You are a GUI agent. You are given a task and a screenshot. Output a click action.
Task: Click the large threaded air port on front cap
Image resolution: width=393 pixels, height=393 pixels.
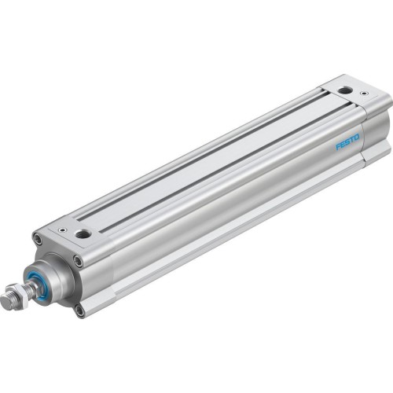(x=81, y=233)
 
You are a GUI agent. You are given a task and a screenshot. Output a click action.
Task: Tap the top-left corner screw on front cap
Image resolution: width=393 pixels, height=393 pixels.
(x=37, y=237)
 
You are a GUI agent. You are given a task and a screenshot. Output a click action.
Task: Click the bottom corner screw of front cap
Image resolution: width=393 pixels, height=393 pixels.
(x=79, y=310)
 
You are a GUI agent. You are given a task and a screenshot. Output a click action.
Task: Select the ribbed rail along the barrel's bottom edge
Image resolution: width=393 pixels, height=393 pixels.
(x=236, y=236)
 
